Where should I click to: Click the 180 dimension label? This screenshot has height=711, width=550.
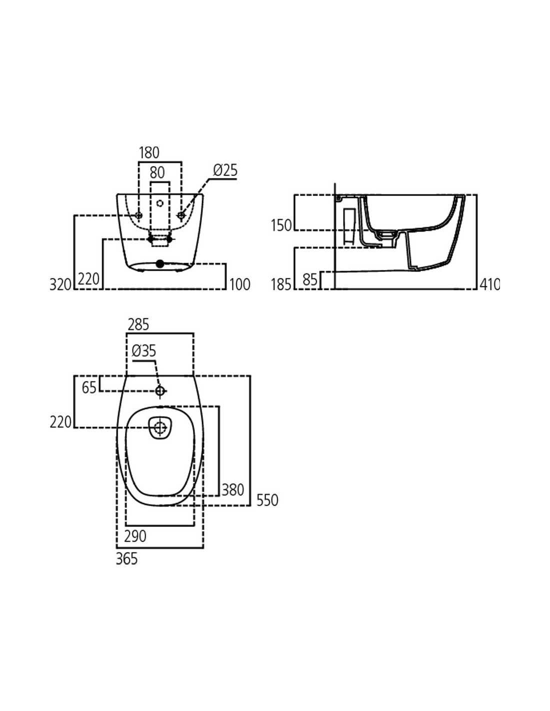click(x=149, y=153)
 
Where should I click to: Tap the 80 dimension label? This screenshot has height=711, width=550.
click(x=157, y=172)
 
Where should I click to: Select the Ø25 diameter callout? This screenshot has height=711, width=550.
click(x=225, y=170)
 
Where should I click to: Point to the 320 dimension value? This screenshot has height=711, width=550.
click(x=60, y=284)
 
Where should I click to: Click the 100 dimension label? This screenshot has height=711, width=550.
click(x=240, y=284)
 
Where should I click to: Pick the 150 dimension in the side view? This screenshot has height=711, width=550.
click(x=281, y=225)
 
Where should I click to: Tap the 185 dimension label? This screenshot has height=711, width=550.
click(x=281, y=284)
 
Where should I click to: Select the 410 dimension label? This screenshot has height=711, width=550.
click(x=489, y=284)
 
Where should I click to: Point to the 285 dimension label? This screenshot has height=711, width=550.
click(x=138, y=324)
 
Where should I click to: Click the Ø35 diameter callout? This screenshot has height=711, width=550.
click(x=144, y=351)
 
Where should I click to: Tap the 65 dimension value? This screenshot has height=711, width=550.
click(x=89, y=387)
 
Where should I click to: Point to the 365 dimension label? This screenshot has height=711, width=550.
click(x=127, y=559)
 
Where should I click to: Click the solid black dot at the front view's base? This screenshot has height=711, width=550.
click(x=159, y=263)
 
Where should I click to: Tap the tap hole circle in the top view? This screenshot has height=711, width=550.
click(x=160, y=390)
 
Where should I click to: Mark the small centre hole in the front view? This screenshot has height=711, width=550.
click(x=159, y=203)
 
